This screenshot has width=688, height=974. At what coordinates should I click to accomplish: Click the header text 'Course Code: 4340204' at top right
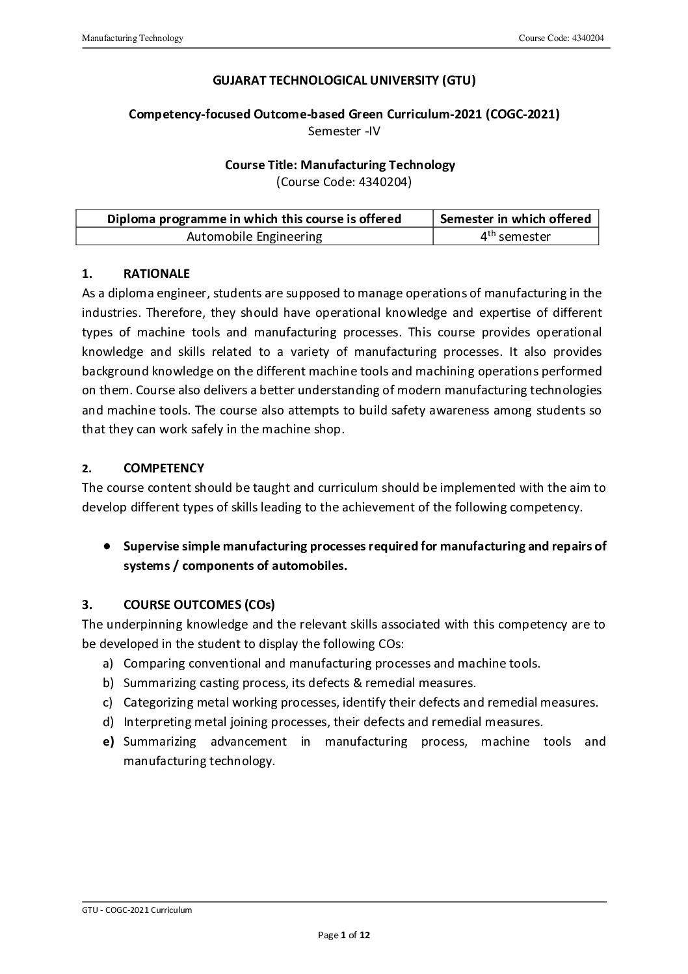561,38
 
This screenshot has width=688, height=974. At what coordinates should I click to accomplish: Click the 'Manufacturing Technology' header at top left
133,38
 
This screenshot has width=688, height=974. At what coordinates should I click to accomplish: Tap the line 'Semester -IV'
344,131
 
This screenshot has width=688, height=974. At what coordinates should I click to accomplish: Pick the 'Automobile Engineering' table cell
254,236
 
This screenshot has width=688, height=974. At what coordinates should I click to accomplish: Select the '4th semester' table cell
515,236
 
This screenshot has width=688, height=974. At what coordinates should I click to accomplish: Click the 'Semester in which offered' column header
515,219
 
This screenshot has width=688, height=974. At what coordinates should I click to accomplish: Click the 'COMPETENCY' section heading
163,468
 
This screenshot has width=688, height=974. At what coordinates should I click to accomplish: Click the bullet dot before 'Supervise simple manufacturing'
106,546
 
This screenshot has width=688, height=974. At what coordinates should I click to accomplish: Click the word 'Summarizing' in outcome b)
159,683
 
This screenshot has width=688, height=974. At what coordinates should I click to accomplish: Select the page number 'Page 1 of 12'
344,936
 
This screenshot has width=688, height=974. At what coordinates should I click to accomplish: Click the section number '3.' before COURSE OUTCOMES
86,604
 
